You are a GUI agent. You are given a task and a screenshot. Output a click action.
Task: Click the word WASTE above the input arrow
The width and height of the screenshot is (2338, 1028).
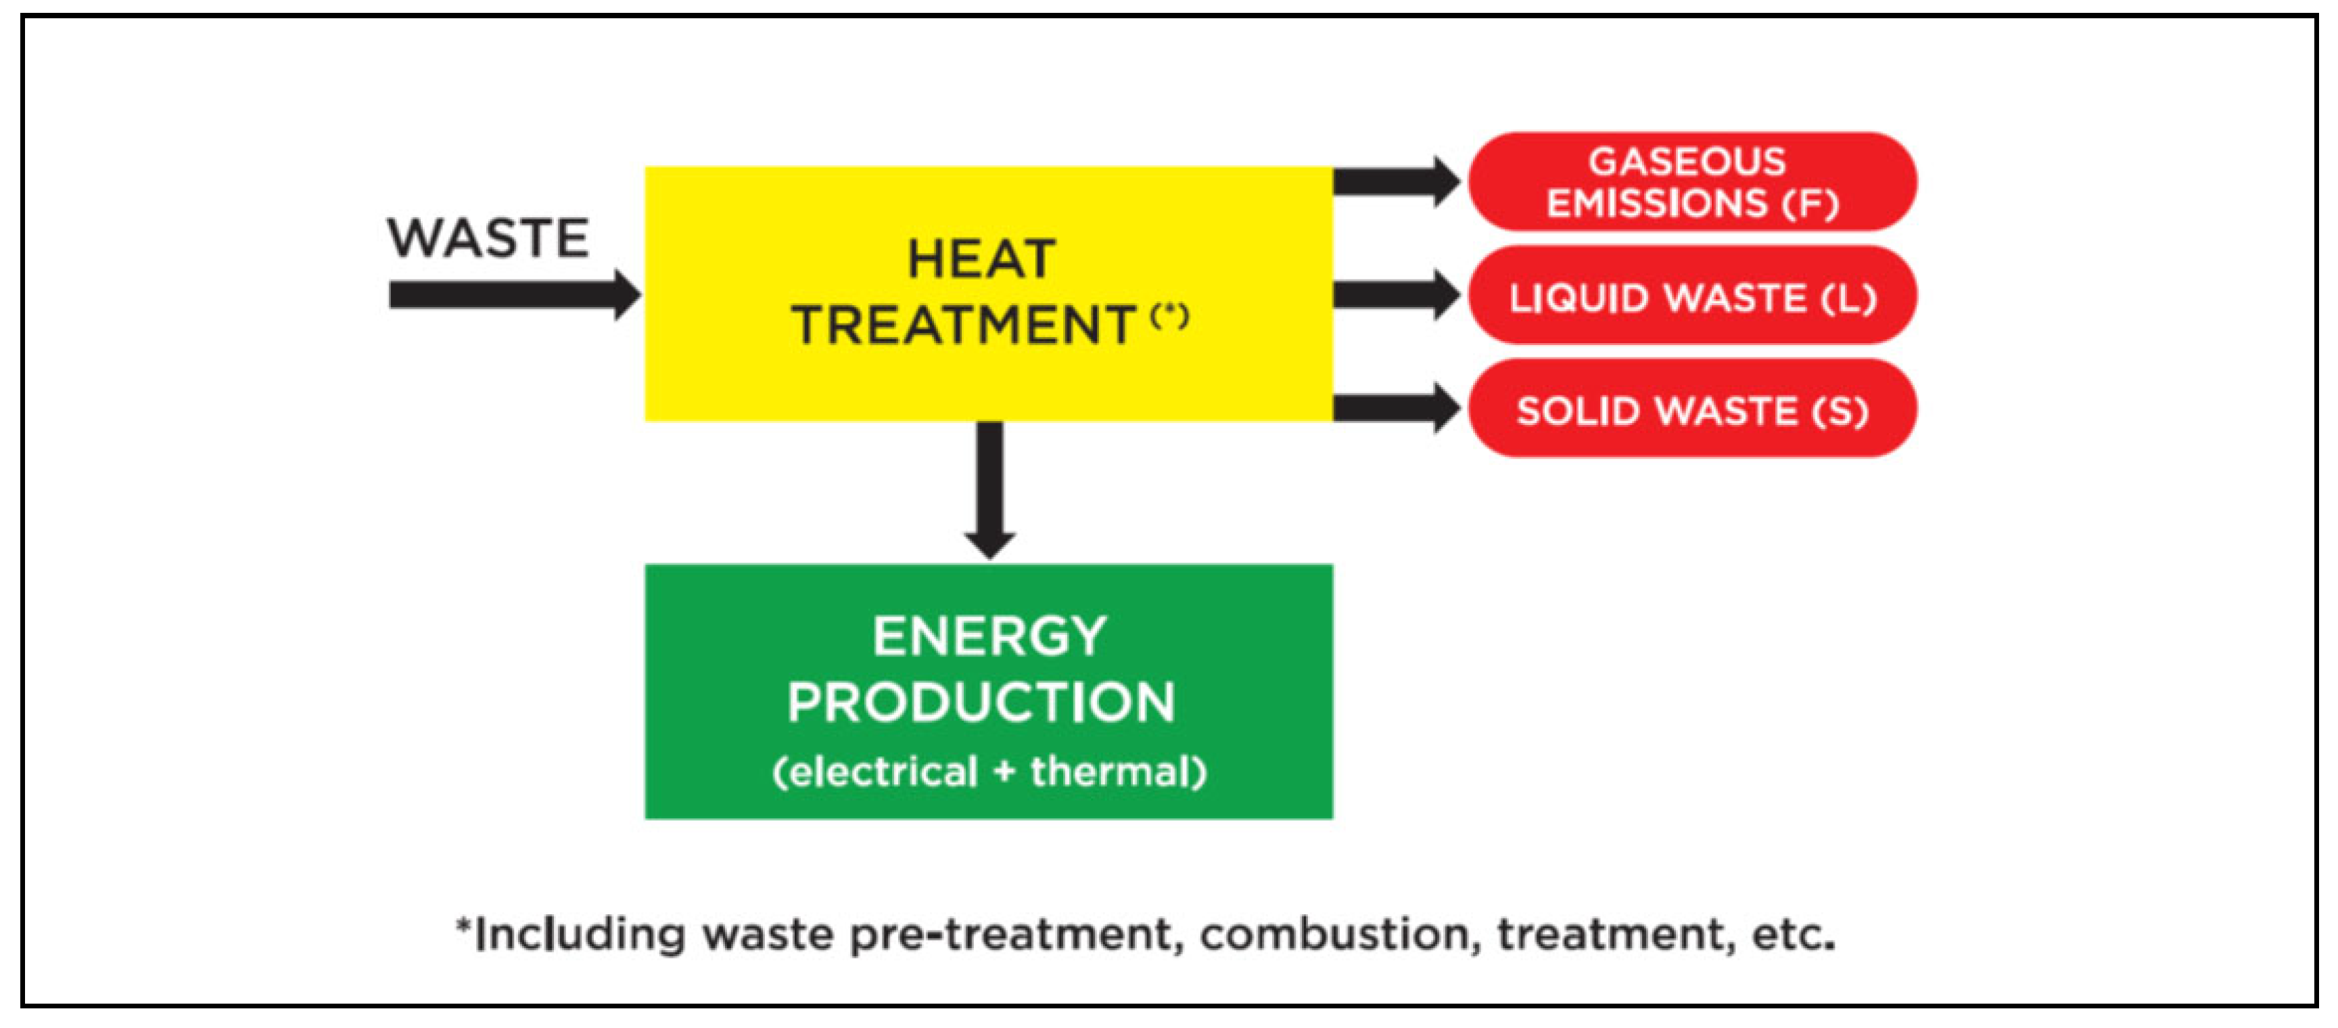tap(488, 238)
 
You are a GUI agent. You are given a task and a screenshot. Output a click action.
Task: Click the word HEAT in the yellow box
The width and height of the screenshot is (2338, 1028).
tap(981, 260)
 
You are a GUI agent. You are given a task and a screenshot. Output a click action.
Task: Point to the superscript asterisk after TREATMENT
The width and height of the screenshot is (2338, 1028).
tap(1169, 316)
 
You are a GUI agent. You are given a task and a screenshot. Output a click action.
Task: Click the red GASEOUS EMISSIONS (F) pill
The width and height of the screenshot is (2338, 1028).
tap(1691, 181)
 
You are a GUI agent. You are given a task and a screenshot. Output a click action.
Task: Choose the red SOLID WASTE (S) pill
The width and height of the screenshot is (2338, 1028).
tap(1691, 409)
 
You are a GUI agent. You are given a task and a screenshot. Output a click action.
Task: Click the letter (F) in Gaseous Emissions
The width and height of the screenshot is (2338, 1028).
tap(1810, 204)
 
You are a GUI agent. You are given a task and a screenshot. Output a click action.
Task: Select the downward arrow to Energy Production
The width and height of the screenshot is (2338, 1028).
tap(989, 491)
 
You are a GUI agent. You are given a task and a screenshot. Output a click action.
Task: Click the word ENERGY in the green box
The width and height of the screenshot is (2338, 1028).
tap(989, 635)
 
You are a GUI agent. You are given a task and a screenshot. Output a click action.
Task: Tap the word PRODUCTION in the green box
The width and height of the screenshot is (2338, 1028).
tap(981, 702)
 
